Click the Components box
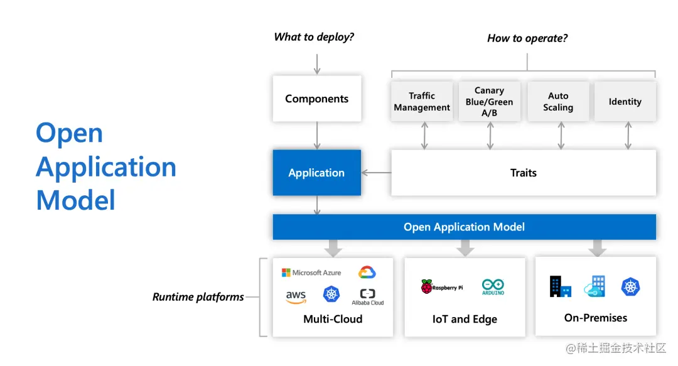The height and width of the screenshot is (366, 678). pyautogui.click(x=316, y=99)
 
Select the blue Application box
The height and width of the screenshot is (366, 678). pyautogui.click(x=316, y=173)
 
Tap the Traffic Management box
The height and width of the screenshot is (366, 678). pyautogui.click(x=422, y=101)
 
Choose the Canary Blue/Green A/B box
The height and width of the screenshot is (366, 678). pyautogui.click(x=490, y=101)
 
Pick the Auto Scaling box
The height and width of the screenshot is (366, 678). pyautogui.click(x=558, y=101)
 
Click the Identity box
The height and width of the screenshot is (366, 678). pyautogui.click(x=625, y=101)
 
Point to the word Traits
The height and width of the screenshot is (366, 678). pyautogui.click(x=523, y=173)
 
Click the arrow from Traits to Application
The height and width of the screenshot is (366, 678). pyautogui.click(x=376, y=173)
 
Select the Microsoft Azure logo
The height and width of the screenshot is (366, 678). pyautogui.click(x=311, y=272)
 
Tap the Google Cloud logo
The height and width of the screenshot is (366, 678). pyautogui.click(x=367, y=272)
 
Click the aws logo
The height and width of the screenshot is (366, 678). pyautogui.click(x=296, y=296)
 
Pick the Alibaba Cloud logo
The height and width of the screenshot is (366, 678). pyautogui.click(x=368, y=296)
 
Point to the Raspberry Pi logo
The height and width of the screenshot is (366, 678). pyautogui.click(x=442, y=287)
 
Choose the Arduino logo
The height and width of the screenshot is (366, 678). pyautogui.click(x=493, y=287)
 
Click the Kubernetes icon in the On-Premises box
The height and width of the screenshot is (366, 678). pyautogui.click(x=630, y=287)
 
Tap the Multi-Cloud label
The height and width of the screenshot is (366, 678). pyautogui.click(x=333, y=319)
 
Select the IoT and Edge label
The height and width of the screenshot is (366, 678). pyautogui.click(x=465, y=319)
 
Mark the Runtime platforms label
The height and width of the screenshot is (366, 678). pyautogui.click(x=198, y=297)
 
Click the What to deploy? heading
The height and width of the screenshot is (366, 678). pyautogui.click(x=314, y=37)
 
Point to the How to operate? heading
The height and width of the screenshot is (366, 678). pyautogui.click(x=527, y=38)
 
